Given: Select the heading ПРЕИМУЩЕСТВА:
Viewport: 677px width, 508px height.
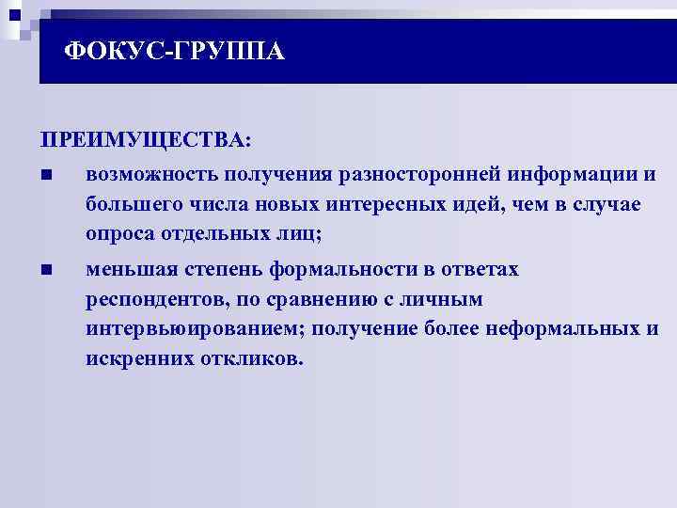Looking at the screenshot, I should click(x=146, y=140).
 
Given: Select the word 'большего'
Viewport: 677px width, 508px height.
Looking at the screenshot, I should click(x=130, y=204).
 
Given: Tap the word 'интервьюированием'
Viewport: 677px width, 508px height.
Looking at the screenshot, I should click(x=193, y=330).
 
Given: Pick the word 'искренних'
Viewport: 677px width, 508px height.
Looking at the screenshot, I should click(x=130, y=359).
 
